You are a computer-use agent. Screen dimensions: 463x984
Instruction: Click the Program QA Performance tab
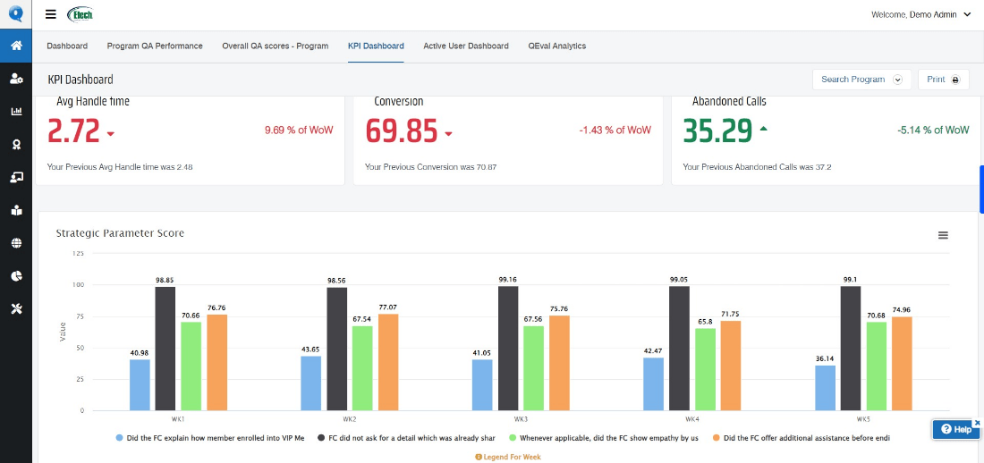tap(155, 46)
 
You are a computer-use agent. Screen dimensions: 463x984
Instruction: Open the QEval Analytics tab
tap(556, 46)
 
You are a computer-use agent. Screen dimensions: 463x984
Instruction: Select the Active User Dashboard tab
tap(465, 46)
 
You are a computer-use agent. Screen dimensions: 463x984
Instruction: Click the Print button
tap(943, 80)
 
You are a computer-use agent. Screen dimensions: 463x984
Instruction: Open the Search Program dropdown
tap(861, 80)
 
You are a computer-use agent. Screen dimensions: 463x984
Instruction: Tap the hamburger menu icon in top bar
tap(51, 14)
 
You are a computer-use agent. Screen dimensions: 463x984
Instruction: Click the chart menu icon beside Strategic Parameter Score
tap(943, 235)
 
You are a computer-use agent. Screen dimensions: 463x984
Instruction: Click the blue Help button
tap(955, 429)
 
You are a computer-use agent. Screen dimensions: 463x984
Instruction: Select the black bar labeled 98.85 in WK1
tap(165, 349)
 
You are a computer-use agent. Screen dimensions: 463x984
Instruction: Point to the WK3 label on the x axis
tap(520, 419)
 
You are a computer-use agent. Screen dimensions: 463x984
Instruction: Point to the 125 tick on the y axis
tap(77, 254)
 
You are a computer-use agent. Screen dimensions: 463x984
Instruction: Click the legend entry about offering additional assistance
tap(805, 438)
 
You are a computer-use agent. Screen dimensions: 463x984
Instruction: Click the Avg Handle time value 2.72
tap(73, 131)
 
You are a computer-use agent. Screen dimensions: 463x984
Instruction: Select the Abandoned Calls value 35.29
tap(717, 131)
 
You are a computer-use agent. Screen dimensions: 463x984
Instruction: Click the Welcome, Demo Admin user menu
tap(920, 14)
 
